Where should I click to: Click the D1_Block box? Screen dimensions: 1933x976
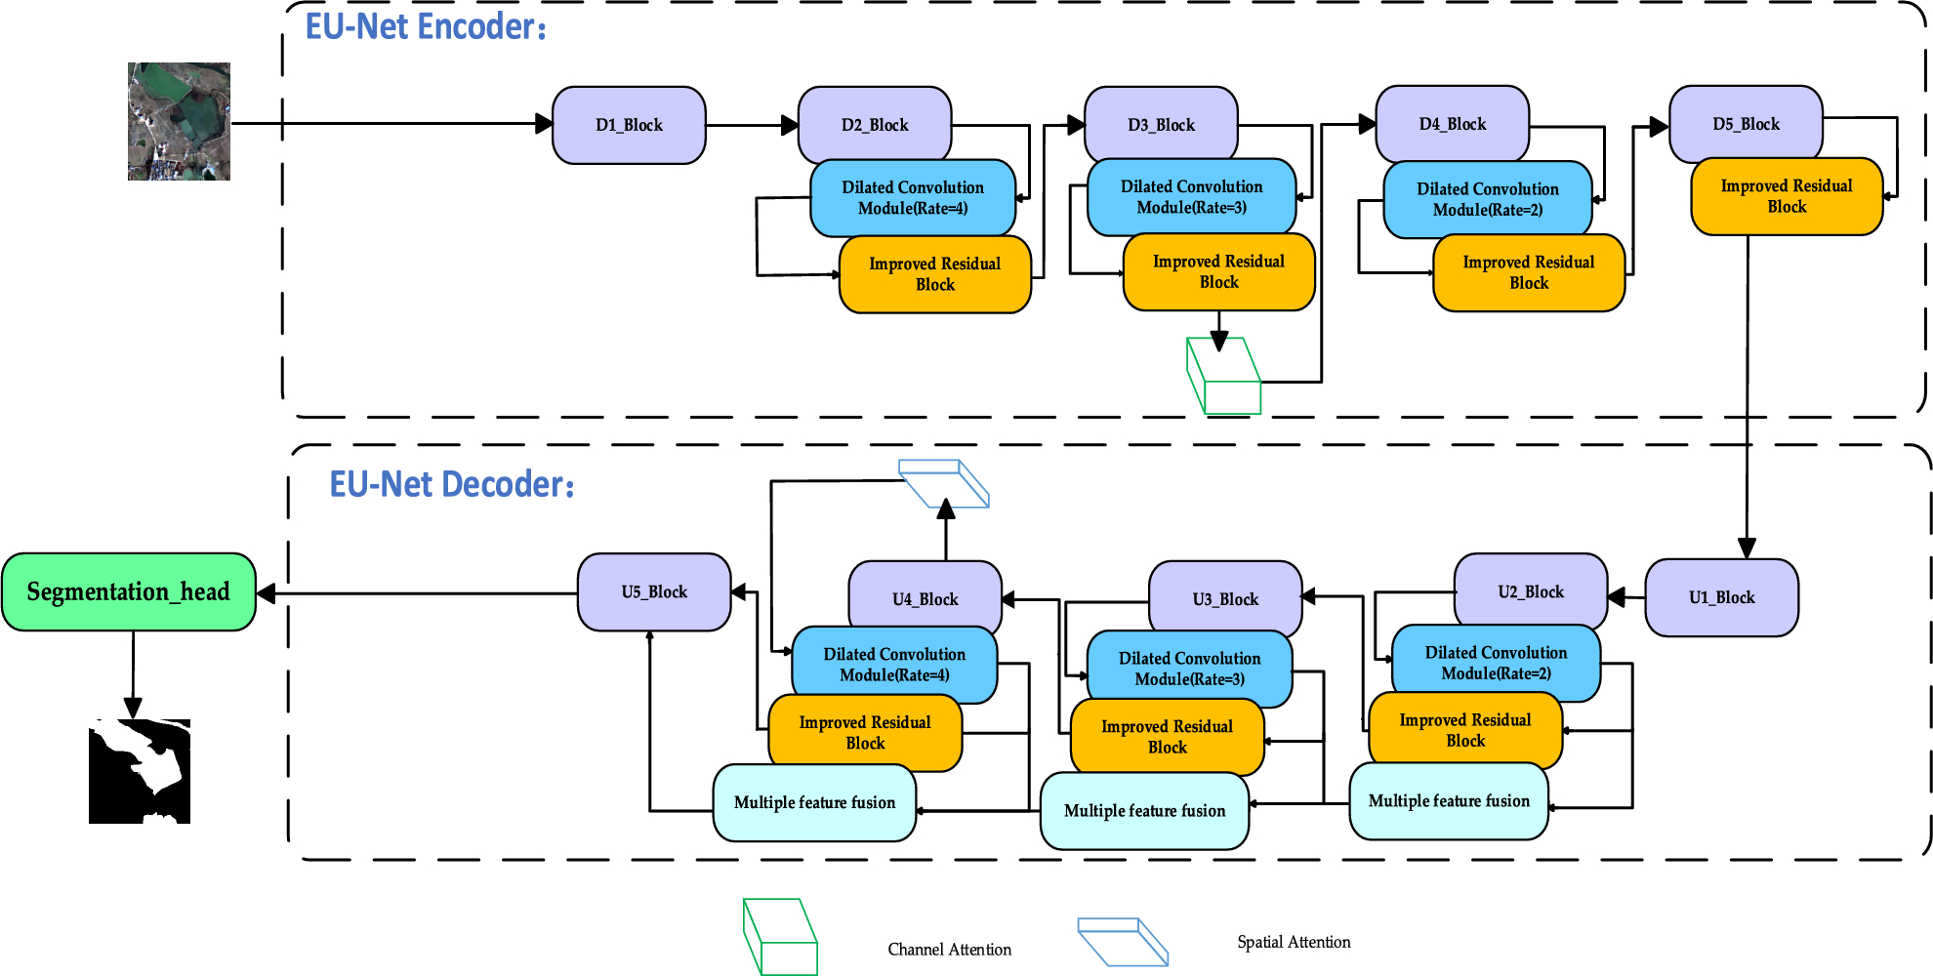click(x=629, y=125)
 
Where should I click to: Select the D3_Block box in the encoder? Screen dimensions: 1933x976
click(x=1161, y=124)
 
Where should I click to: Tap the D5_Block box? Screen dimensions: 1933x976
click(x=1746, y=124)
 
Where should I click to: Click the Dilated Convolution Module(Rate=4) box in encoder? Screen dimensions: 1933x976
click(x=913, y=198)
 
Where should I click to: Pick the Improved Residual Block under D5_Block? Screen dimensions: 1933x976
click(x=1787, y=196)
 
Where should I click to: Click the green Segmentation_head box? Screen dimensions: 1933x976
click(x=129, y=591)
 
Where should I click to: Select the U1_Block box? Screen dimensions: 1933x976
click(x=1721, y=597)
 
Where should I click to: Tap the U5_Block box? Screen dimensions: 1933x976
click(x=654, y=592)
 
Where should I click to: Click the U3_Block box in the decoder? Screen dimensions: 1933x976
click(x=1225, y=597)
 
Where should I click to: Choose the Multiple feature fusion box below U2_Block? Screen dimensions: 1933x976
click(x=1449, y=801)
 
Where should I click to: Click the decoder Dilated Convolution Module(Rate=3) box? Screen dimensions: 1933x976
click(x=1190, y=670)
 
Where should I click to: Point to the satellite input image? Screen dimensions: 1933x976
click(x=179, y=121)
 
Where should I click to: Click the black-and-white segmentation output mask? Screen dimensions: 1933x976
click(x=140, y=771)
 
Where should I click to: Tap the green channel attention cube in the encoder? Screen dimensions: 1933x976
click(x=1223, y=376)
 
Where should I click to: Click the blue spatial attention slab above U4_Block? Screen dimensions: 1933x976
click(x=944, y=483)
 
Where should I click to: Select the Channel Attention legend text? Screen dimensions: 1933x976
click(x=949, y=950)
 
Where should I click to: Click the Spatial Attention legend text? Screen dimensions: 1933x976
click(x=1294, y=942)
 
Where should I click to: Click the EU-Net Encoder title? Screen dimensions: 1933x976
click(x=426, y=26)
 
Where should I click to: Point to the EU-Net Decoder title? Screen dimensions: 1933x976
click(x=451, y=484)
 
